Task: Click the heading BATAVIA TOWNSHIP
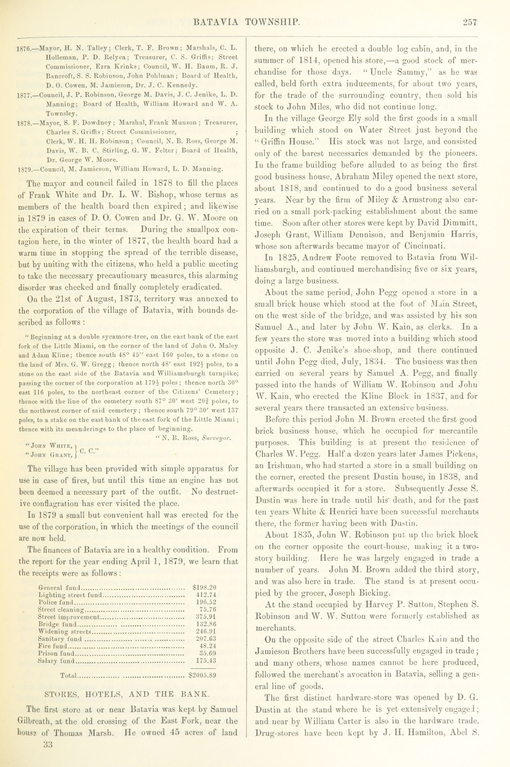click(x=246, y=22)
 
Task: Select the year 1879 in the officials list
click(x=23, y=169)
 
